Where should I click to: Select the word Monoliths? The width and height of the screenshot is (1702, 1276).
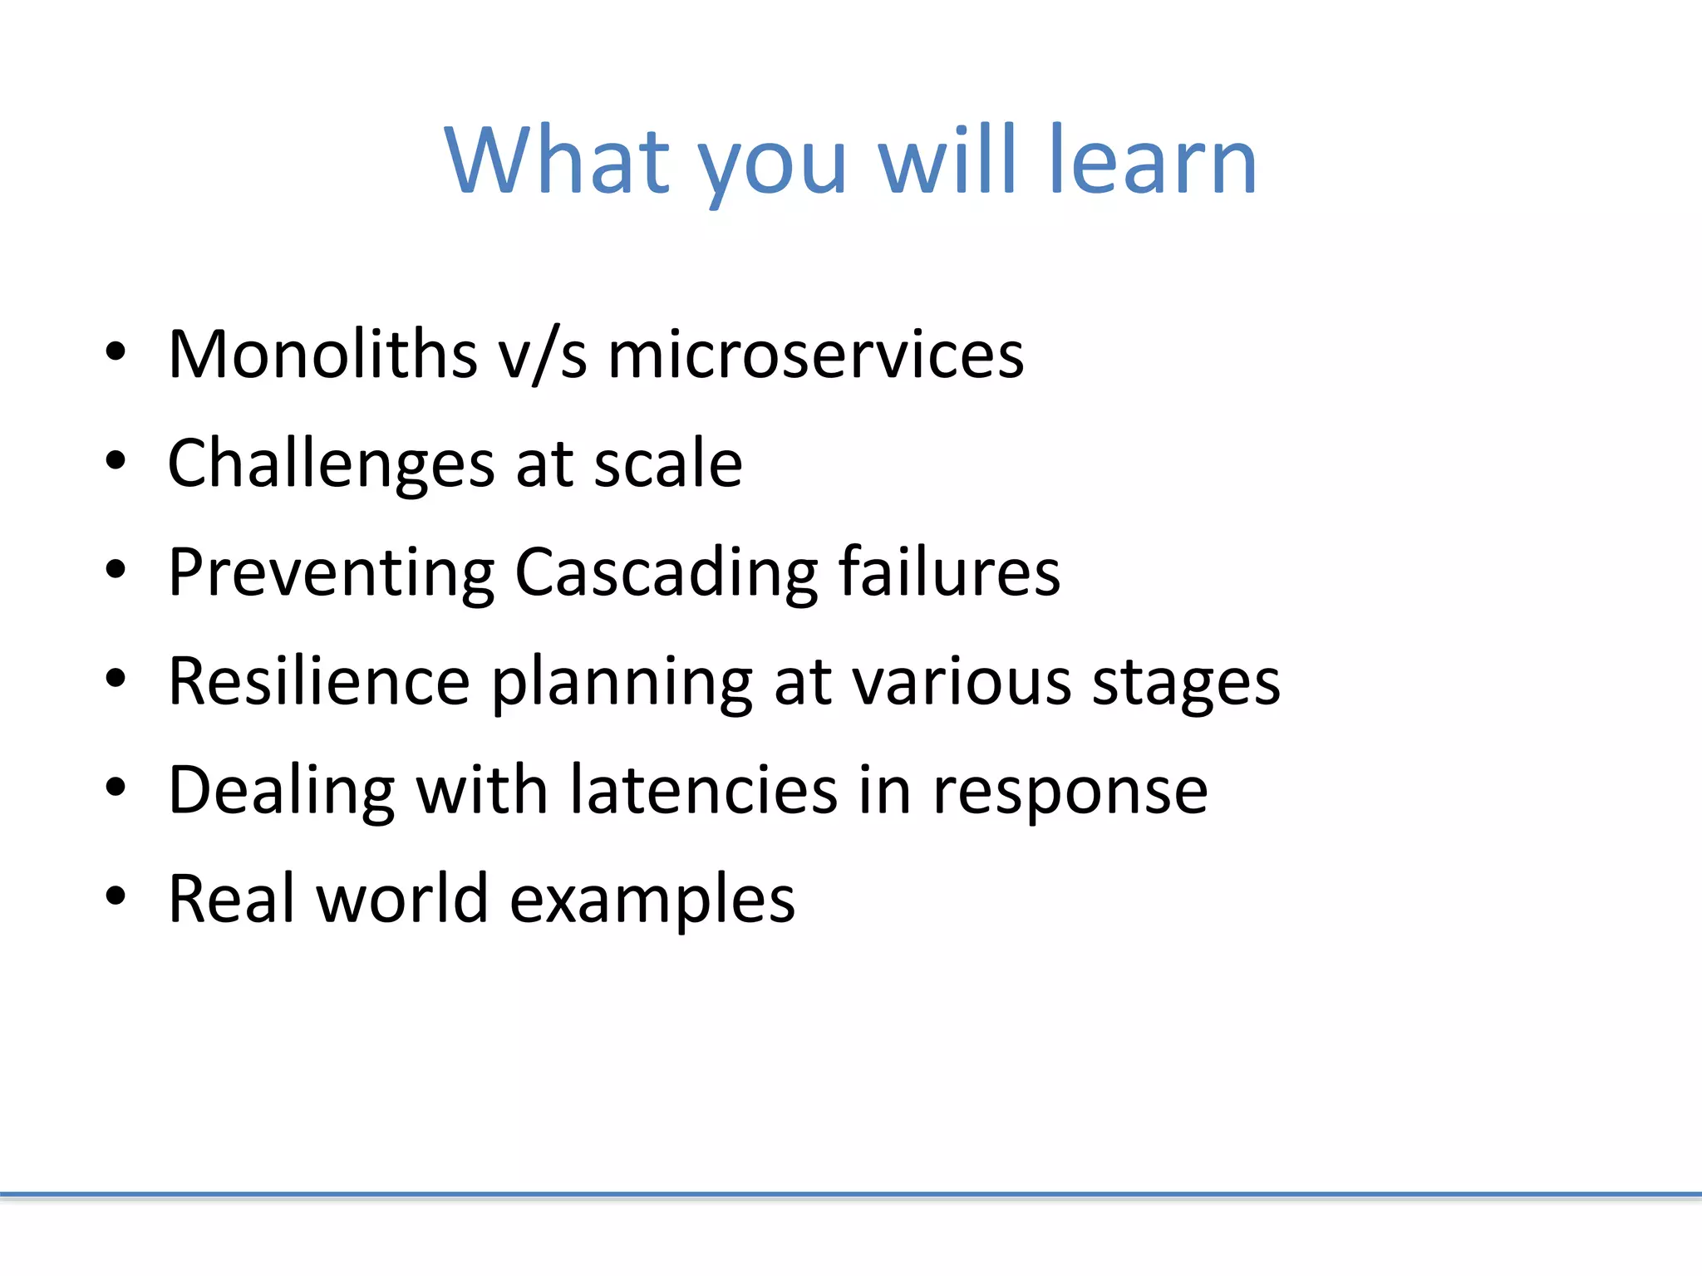pyautogui.click(x=322, y=355)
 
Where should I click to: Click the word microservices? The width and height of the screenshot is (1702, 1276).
pyautogui.click(x=815, y=355)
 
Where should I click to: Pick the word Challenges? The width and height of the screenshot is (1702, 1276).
pyautogui.click(x=330, y=464)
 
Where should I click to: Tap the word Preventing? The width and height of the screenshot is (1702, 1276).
pyautogui.click(x=331, y=573)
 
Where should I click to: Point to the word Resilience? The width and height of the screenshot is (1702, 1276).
pyautogui.click(x=319, y=681)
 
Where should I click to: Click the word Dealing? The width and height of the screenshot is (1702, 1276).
pyautogui.click(x=281, y=791)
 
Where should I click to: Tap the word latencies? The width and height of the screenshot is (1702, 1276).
pyautogui.click(x=703, y=789)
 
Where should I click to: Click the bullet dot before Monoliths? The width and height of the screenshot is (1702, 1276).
pyautogui.click(x=116, y=352)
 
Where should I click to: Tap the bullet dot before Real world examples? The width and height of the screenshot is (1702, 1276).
pyautogui.click(x=116, y=896)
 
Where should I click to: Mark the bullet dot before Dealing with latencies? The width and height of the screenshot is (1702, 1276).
pyautogui.click(x=116, y=788)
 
